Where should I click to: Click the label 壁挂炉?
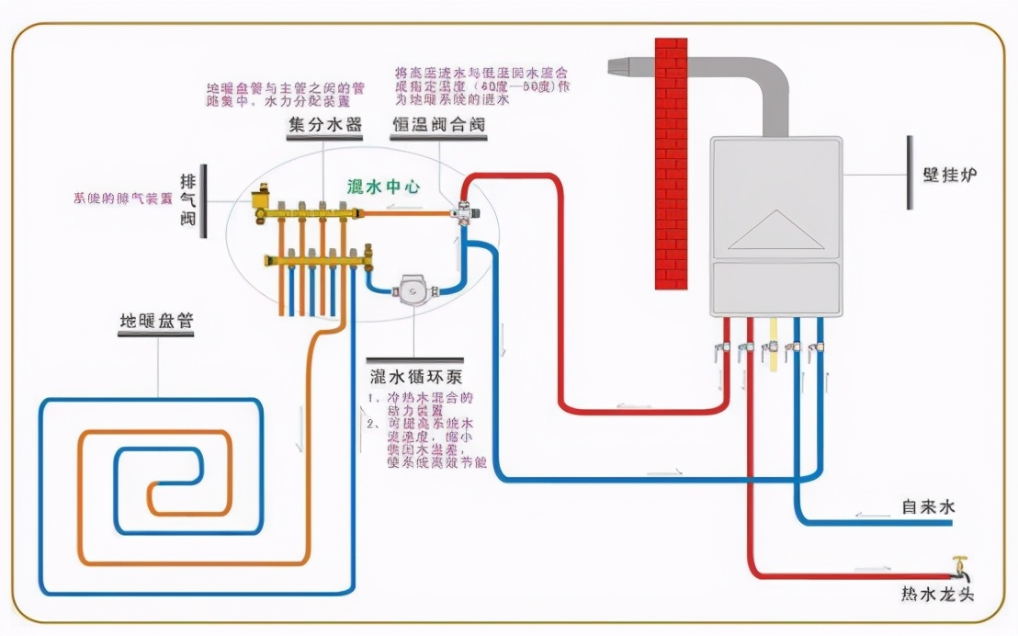(947, 175)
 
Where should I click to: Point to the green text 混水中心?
(383, 187)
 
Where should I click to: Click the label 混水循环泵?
(414, 377)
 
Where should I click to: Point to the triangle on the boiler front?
(775, 230)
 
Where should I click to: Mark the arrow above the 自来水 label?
(868, 515)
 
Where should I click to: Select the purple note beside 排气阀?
(123, 198)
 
